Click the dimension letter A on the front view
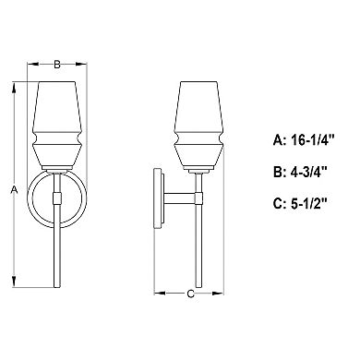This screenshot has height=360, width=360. pyautogui.click(x=14, y=189)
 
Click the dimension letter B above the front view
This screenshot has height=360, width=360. pyautogui.click(x=57, y=65)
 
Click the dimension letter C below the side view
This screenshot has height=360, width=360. pyautogui.click(x=191, y=294)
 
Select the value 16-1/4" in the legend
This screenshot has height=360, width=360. pyautogui.click(x=313, y=140)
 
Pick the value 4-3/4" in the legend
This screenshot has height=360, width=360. pyautogui.click(x=308, y=172)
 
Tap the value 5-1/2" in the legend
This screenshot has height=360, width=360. pyautogui.click(x=309, y=204)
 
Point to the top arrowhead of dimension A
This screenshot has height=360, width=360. pyautogui.click(x=14, y=88)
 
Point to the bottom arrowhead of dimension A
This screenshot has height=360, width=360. pyautogui.click(x=14, y=282)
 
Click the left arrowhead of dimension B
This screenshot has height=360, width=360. pyautogui.click(x=33, y=64)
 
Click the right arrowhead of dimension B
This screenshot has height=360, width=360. pyautogui.click(x=81, y=64)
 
